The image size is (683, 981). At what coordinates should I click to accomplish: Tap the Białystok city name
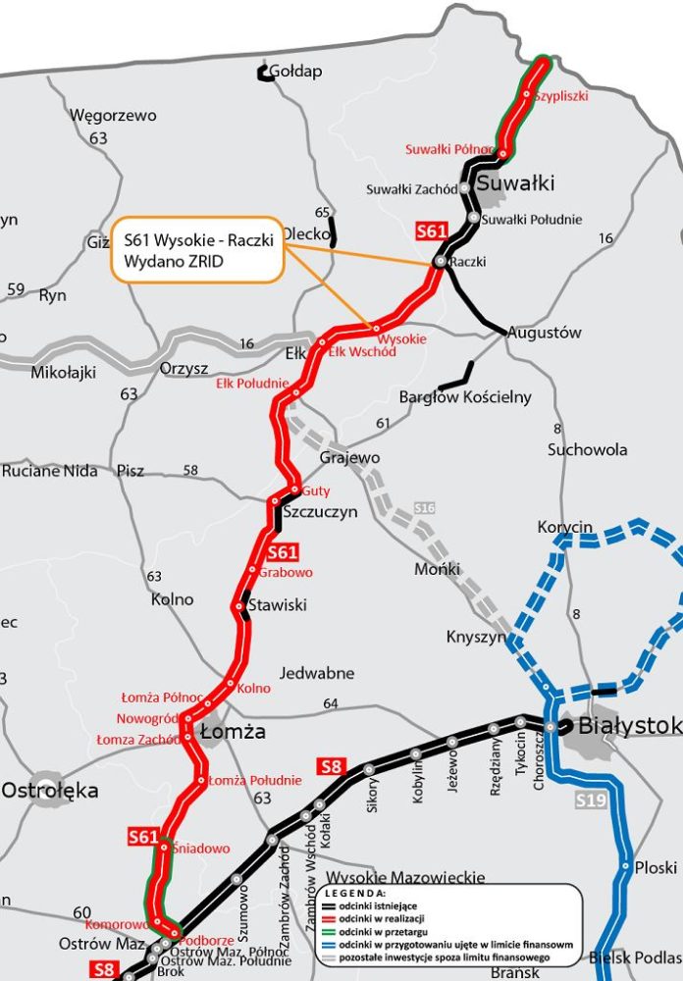(629, 726)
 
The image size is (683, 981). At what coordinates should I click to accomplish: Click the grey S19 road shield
(588, 800)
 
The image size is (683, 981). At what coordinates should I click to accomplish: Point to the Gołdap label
(294, 72)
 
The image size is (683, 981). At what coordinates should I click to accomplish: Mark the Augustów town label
(544, 333)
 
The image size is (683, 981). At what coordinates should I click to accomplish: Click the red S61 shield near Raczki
(432, 232)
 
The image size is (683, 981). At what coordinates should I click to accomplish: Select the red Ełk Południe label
(252, 384)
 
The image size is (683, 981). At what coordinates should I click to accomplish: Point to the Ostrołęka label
(50, 790)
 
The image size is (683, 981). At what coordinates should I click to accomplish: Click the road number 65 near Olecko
(323, 213)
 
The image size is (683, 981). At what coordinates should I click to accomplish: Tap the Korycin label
(565, 528)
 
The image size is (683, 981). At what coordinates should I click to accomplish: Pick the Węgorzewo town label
(113, 116)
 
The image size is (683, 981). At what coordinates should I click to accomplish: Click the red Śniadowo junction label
(201, 849)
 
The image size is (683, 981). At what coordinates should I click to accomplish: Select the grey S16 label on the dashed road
(424, 507)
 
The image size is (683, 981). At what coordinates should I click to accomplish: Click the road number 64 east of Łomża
(330, 703)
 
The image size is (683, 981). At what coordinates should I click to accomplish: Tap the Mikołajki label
(64, 373)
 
